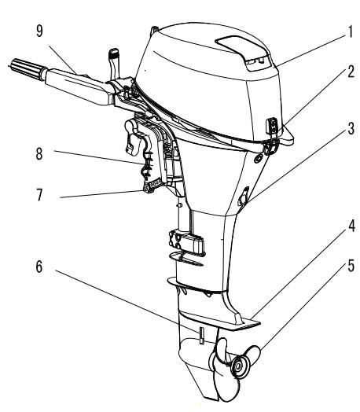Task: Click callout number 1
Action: point(350,32)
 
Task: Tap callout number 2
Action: point(351,72)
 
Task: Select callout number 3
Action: point(351,128)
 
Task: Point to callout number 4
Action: point(351,226)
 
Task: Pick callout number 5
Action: point(351,266)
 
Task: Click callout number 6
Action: point(39,267)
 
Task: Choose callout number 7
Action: point(39,195)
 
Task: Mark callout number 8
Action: point(39,153)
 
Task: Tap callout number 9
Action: point(39,31)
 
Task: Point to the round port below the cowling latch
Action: point(259,159)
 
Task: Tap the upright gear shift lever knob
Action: point(113,54)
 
